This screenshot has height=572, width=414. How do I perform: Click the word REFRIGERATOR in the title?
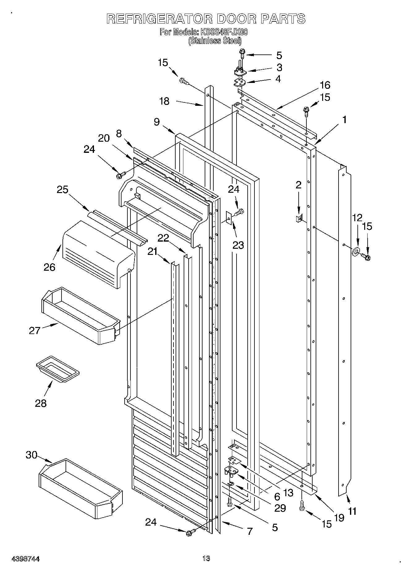coord(159,19)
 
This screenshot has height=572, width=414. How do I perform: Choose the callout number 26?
coord(49,267)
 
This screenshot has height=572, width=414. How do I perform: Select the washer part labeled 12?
coord(356,252)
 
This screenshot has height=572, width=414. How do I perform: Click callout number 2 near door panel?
coord(298,185)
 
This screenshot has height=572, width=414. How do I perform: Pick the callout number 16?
coord(325,85)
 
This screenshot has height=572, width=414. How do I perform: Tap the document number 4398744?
coord(26,559)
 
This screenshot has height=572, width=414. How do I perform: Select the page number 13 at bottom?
coord(206,558)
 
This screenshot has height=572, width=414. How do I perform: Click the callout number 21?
coord(152,252)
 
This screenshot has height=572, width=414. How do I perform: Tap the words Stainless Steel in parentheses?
coord(215,41)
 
